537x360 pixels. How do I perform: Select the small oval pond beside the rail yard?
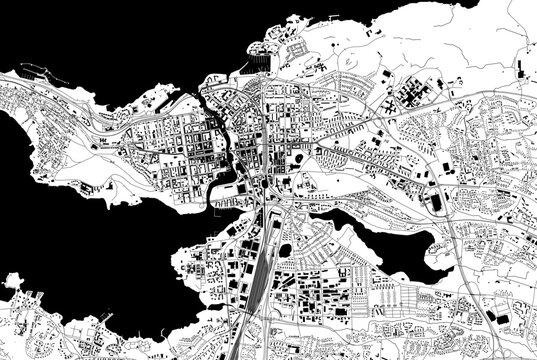[x=287, y=248]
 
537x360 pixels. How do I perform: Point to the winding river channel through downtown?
[x=232, y=150]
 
